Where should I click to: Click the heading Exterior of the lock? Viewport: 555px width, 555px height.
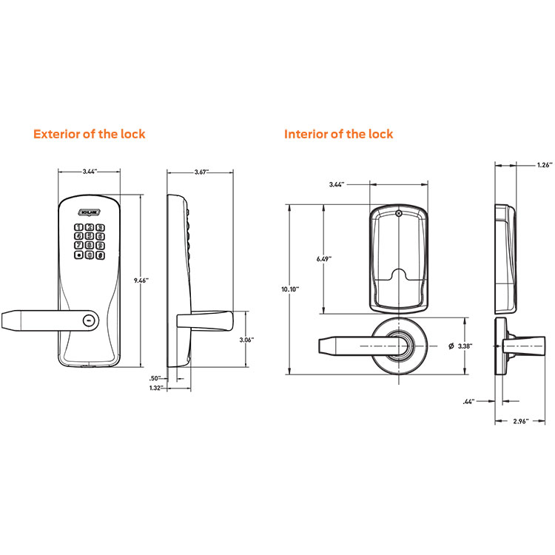(x=89, y=134)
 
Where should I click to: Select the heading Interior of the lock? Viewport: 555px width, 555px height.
(x=339, y=134)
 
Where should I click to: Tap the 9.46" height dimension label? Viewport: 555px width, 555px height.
(x=142, y=280)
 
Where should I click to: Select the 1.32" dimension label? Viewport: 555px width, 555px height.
(x=155, y=388)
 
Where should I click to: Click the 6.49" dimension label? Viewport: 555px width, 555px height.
(x=323, y=259)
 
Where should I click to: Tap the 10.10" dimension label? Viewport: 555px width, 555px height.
(x=290, y=289)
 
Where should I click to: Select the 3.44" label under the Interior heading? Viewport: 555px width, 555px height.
(x=337, y=185)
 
